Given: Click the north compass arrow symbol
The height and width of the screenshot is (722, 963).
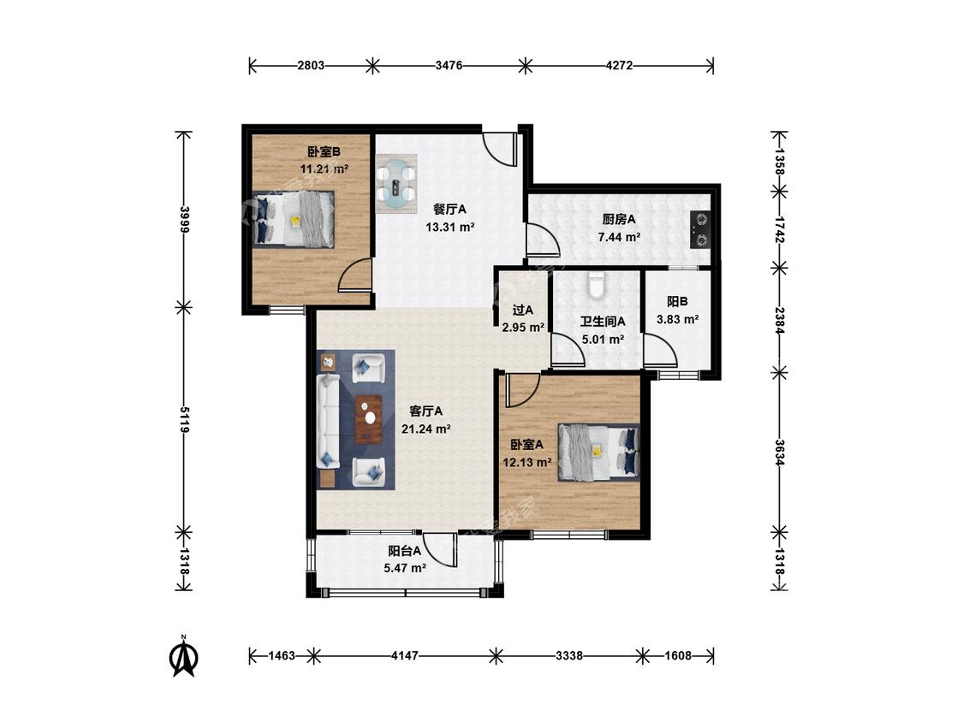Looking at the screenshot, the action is tap(183, 658).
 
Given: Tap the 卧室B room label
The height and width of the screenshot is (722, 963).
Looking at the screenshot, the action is tap(324, 151).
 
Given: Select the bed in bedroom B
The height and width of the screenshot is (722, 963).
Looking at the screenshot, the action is tap(294, 219).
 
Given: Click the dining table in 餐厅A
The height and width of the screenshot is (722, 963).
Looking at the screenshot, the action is tap(396, 184).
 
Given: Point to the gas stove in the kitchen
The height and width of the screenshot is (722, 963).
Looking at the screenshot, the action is tap(700, 229).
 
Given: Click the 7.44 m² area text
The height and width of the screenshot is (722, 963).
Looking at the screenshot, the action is tap(619, 237).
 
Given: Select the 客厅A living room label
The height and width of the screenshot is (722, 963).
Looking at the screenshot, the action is tap(426, 411).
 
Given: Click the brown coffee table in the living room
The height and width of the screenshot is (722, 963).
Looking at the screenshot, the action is tap(368, 419).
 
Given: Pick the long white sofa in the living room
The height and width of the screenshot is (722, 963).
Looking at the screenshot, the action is tap(329, 422).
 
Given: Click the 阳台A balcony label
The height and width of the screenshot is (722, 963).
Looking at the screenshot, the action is tap(404, 551).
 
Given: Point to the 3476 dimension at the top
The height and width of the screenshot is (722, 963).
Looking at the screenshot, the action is tap(449, 66).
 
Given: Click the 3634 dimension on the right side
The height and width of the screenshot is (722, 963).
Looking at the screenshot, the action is tap(779, 453).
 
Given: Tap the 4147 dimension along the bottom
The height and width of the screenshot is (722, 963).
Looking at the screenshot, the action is tap(405, 655).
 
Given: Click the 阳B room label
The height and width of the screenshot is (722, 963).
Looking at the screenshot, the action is tap(677, 302).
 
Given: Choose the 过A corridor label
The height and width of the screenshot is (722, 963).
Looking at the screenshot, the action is tap(523, 311).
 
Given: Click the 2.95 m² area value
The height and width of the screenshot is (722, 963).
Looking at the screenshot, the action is tap(523, 328).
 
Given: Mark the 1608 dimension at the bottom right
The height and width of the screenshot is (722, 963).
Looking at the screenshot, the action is tap(678, 655).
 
